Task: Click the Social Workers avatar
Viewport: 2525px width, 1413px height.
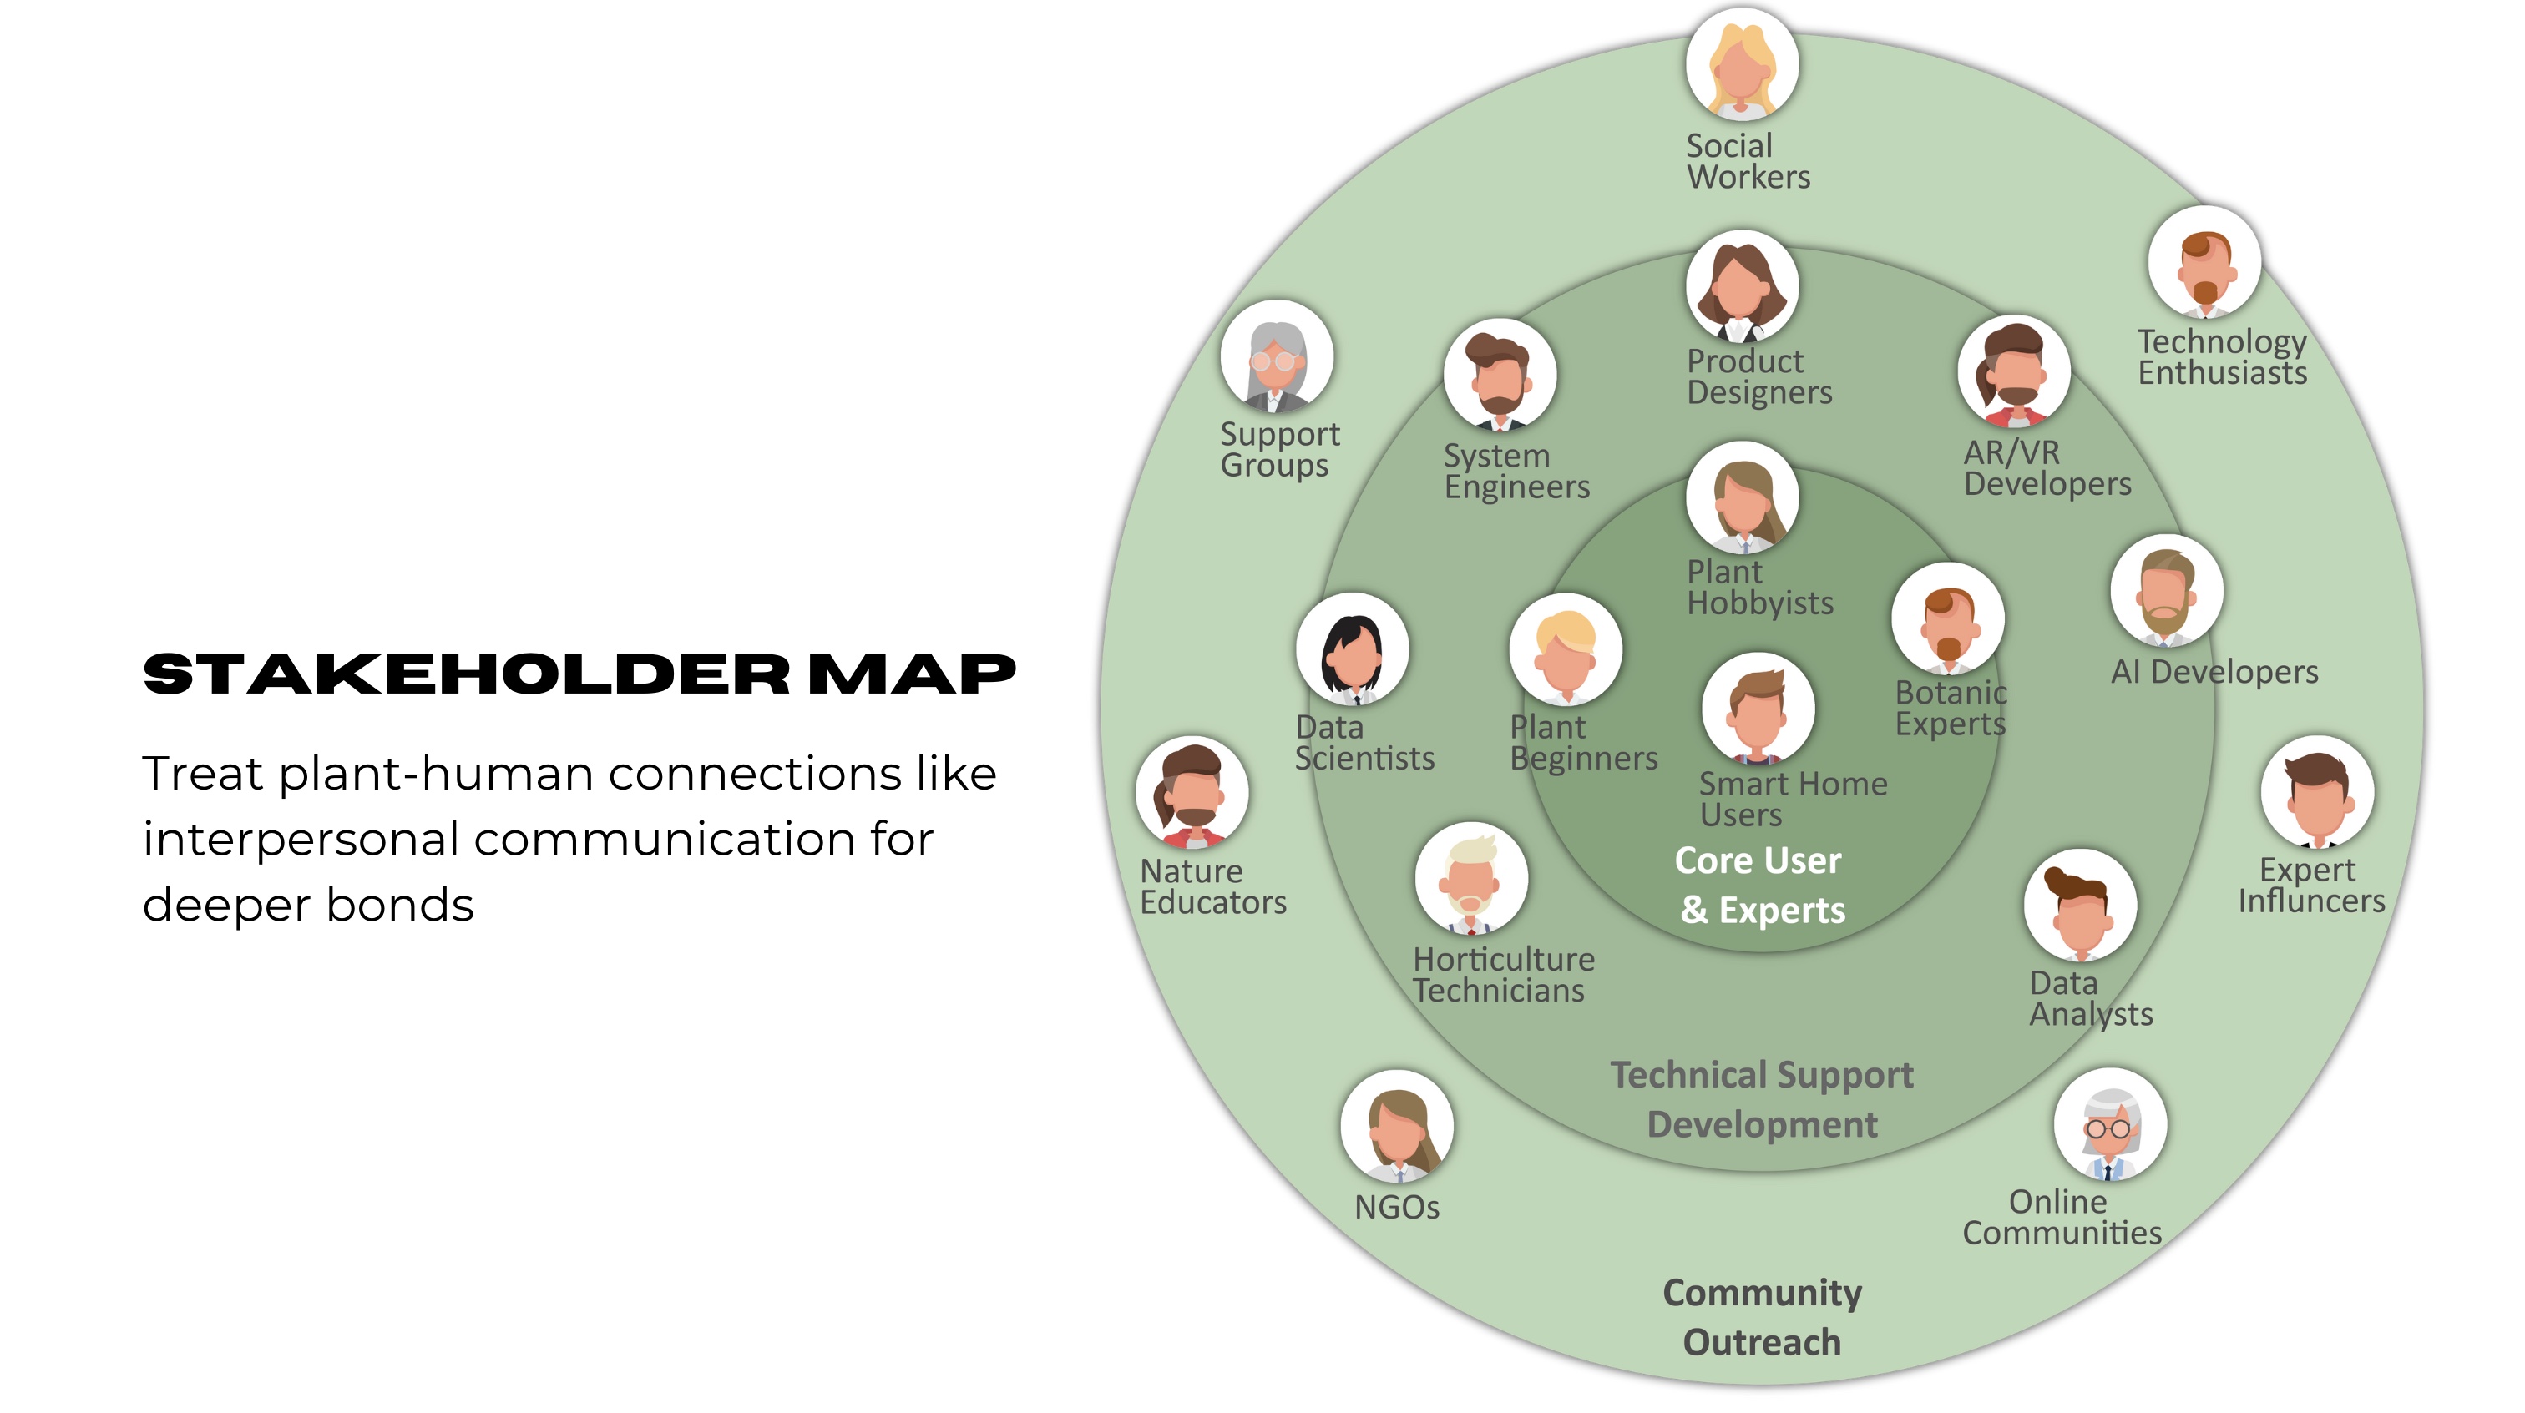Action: (1742, 64)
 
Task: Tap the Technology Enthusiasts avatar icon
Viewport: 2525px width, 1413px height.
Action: (2204, 263)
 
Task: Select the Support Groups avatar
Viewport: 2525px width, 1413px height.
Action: (1276, 356)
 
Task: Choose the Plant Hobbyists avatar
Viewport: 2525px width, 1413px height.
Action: (1742, 497)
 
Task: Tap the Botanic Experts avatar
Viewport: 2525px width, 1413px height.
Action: (1948, 619)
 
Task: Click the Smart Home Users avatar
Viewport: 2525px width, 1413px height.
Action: (1758, 709)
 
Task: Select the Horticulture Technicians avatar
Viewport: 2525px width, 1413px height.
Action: (1470, 879)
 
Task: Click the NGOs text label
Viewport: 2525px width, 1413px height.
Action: (1397, 1207)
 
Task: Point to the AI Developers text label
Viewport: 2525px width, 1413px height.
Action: (2214, 672)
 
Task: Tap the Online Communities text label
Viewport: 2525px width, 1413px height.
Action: (2062, 1217)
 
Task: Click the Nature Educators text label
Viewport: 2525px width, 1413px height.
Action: (1212, 887)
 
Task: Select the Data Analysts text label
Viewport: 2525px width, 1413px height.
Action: (2090, 998)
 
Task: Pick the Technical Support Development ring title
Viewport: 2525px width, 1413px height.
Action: (1762, 1099)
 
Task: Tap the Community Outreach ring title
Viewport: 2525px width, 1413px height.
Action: (1762, 1317)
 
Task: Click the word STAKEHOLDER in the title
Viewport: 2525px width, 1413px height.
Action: (467, 674)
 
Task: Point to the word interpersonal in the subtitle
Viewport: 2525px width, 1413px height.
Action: (301, 840)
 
